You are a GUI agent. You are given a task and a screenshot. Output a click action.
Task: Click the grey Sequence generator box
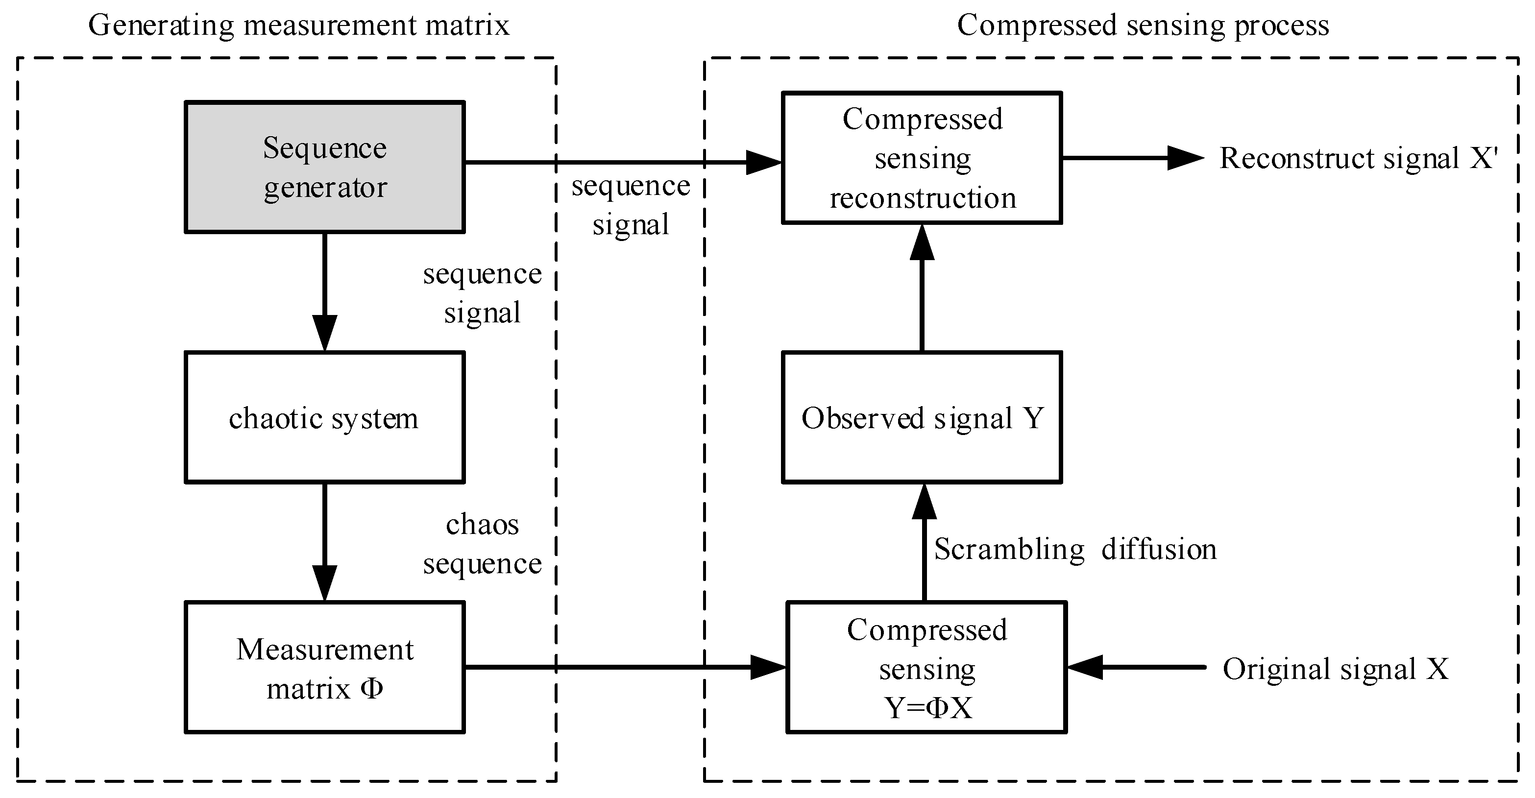click(325, 167)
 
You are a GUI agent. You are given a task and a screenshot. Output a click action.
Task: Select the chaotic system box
click(325, 417)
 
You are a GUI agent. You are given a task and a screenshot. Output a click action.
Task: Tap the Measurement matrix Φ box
click(325, 668)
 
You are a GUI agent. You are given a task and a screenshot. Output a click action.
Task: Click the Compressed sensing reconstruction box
click(922, 158)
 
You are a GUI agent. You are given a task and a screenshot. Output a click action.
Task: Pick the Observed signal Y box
click(922, 417)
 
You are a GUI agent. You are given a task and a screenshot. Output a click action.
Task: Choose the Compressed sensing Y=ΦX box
click(926, 668)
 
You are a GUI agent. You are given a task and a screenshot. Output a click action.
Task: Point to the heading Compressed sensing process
click(1143, 25)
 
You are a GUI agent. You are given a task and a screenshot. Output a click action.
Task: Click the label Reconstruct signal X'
click(1358, 159)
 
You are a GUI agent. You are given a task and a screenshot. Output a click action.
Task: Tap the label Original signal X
click(1335, 669)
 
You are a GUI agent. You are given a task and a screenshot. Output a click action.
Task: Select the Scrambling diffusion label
click(1074, 549)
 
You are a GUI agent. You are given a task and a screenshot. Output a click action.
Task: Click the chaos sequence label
click(482, 544)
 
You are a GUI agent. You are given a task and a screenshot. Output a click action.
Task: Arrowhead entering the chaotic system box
click(325, 334)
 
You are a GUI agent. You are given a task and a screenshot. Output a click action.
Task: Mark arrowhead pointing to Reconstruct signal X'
click(1185, 158)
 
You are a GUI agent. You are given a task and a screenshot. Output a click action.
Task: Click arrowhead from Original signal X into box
click(1085, 668)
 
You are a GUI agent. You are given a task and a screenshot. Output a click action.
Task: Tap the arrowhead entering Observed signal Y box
click(924, 502)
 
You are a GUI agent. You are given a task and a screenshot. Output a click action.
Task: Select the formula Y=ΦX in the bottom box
click(928, 708)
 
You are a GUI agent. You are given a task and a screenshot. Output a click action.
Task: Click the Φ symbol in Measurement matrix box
click(371, 689)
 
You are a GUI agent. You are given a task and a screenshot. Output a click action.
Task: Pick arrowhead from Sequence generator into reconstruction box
click(763, 162)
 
